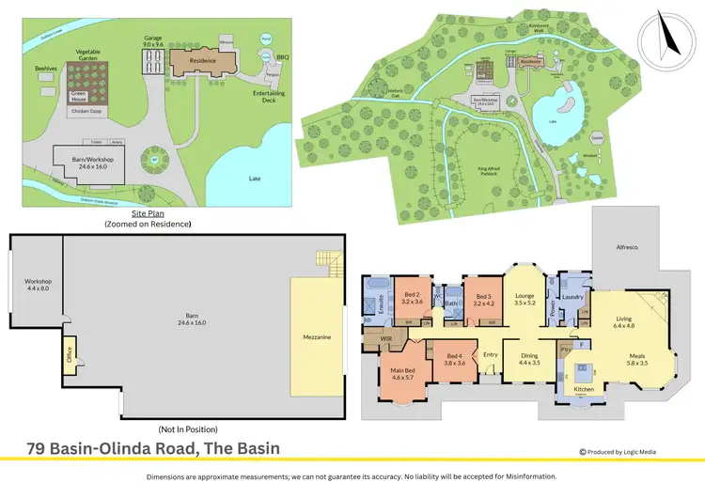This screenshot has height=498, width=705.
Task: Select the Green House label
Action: pyautogui.click(x=79, y=96)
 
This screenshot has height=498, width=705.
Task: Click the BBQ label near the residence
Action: pyautogui.click(x=283, y=57)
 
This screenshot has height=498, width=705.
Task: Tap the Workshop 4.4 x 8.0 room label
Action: pyautogui.click(x=39, y=285)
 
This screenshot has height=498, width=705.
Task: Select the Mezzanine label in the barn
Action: pyautogui.click(x=316, y=335)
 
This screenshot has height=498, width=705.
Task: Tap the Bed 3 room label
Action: pyautogui.click(x=484, y=297)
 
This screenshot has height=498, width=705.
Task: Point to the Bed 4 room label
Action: pyautogui.click(x=454, y=360)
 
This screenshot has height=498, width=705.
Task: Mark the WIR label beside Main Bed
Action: pyautogui.click(x=385, y=336)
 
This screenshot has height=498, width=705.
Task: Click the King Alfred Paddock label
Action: pyautogui.click(x=490, y=170)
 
